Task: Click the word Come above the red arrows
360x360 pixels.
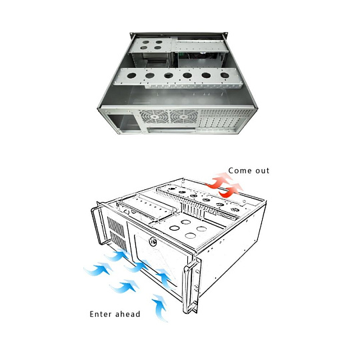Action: (237, 171)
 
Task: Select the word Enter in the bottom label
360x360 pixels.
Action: (100, 314)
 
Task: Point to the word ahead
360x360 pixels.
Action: (127, 314)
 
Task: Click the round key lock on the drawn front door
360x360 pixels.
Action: (153, 242)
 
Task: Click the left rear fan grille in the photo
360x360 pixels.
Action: (153, 117)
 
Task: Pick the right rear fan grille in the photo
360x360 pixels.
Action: (184, 117)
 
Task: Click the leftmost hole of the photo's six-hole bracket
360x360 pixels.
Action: (131, 75)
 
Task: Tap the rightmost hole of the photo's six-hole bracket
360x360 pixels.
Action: (225, 75)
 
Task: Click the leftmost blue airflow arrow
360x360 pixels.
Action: (98, 269)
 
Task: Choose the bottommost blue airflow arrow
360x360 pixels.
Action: (160, 307)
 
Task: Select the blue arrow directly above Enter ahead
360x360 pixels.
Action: (124, 286)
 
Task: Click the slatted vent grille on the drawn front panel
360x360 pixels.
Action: (117, 234)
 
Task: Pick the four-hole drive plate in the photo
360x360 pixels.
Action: (151, 45)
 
